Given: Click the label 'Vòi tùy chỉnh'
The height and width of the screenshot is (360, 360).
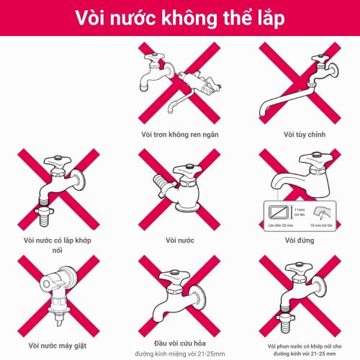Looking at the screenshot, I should pyautogui.click(x=300, y=134).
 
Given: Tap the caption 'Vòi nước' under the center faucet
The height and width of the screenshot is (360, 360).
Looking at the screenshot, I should pyautogui.click(x=180, y=240).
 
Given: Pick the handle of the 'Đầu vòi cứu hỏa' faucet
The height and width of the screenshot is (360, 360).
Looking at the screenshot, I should pyautogui.click(x=172, y=275).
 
